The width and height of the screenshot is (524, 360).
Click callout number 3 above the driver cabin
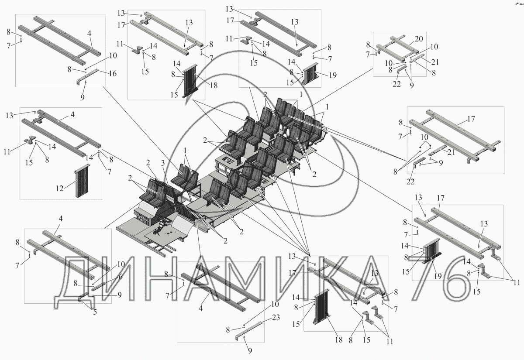163,163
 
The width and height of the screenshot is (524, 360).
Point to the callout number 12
60,188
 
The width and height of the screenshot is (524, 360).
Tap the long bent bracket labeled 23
251,330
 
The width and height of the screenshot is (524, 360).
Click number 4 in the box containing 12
72,115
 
